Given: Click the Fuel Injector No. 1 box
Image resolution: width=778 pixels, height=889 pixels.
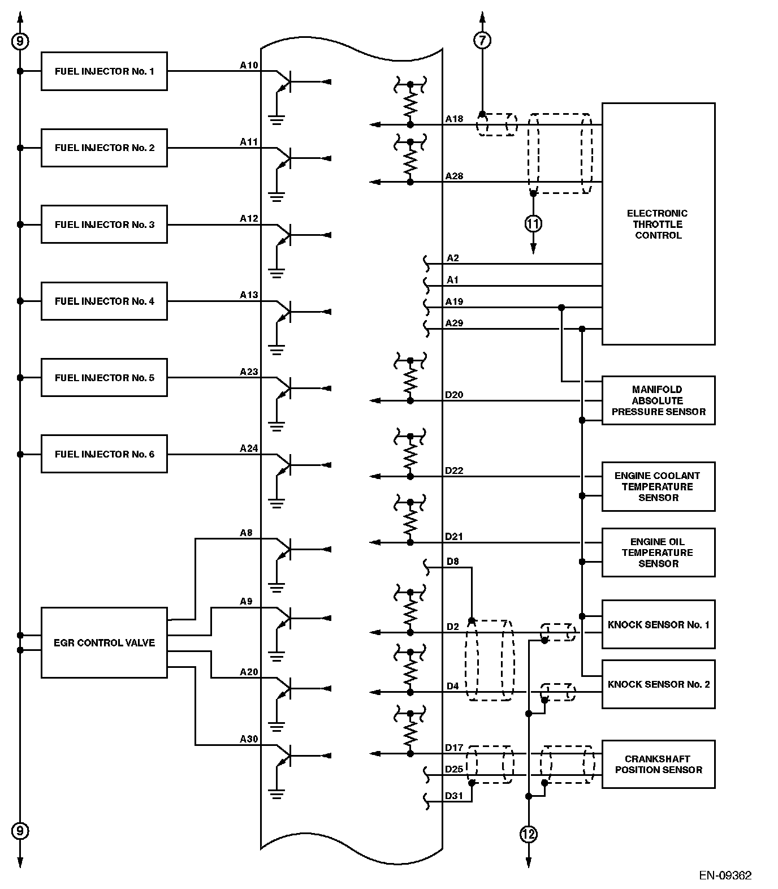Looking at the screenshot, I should pyautogui.click(x=104, y=71).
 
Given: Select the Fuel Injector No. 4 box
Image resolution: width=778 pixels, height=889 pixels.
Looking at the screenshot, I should pyautogui.click(x=104, y=301).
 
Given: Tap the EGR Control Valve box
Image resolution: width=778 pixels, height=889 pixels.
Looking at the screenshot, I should pyautogui.click(x=104, y=642).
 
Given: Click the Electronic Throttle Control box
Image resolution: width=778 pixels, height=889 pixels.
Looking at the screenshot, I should pyautogui.click(x=658, y=224).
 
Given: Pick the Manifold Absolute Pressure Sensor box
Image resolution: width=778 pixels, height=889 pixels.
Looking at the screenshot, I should pyautogui.click(x=658, y=400).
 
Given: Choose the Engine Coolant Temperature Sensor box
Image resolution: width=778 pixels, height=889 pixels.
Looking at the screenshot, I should pyautogui.click(x=658, y=486).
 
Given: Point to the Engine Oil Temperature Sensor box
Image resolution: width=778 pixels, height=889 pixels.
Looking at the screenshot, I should pyautogui.click(x=658, y=553).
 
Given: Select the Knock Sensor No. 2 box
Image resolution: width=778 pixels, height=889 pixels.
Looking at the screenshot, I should pyautogui.click(x=658, y=684).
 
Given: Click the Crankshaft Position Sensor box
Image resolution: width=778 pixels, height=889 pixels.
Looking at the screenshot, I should pyautogui.click(x=658, y=764).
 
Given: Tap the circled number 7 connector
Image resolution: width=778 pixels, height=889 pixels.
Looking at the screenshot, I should pyautogui.click(x=482, y=41).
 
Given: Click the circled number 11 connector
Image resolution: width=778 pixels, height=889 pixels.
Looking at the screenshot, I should pyautogui.click(x=533, y=224).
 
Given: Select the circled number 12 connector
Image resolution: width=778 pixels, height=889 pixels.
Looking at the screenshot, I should pyautogui.click(x=529, y=834).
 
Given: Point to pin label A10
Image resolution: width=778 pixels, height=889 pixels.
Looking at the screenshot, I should pyautogui.click(x=249, y=65).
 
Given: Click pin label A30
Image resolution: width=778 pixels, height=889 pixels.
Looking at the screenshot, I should pyautogui.click(x=249, y=739).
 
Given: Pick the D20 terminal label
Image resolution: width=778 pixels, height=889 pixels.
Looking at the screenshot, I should pyautogui.click(x=454, y=395).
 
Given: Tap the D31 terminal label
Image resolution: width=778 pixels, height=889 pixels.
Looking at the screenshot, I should pyautogui.click(x=454, y=796).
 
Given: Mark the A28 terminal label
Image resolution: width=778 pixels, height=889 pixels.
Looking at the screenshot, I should pyautogui.click(x=454, y=176).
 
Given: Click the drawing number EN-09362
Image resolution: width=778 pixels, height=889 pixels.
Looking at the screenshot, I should pyautogui.click(x=725, y=876).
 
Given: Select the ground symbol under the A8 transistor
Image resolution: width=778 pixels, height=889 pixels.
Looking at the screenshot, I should pyautogui.click(x=276, y=587).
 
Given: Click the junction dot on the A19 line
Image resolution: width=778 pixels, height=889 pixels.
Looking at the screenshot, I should pyautogui.click(x=561, y=308).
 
